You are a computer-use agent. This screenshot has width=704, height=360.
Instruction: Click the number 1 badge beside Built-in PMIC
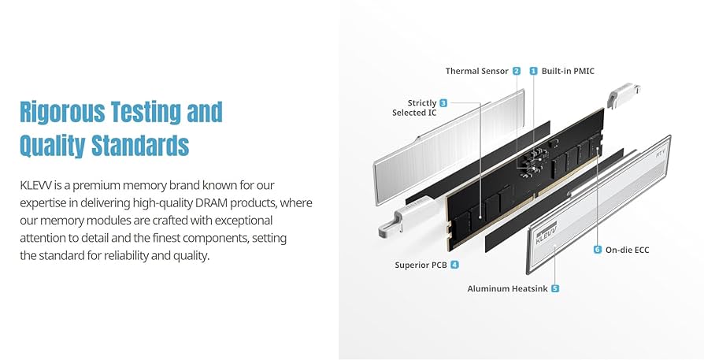coord(533,71)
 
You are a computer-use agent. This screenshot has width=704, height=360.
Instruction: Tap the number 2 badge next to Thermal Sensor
coord(517,71)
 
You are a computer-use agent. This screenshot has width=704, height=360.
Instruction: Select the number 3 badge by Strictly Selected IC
coord(443,103)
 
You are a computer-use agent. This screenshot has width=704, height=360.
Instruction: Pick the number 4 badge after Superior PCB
coord(454,265)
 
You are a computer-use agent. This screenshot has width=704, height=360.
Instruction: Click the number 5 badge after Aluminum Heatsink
coord(555,288)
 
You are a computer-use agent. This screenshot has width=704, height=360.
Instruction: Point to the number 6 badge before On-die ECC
coord(598,250)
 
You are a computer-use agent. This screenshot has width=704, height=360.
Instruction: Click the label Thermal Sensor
coord(477,71)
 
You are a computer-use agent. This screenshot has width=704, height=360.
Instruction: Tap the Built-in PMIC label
coord(568,71)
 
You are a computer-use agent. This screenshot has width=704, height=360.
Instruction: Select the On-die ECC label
coord(628,250)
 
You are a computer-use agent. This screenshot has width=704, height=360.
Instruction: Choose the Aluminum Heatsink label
coord(507,288)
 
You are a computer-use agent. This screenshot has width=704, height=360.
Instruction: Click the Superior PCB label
coord(421,265)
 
